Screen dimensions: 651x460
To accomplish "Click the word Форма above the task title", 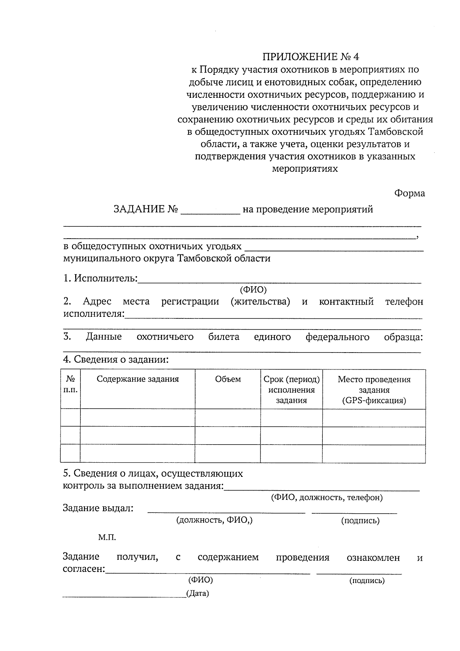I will point(410,193).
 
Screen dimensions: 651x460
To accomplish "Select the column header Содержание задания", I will point(138,379).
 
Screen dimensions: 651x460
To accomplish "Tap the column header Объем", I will point(228,379).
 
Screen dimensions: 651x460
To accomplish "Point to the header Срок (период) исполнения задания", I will point(291,390).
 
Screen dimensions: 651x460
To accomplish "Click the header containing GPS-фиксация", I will point(374,390).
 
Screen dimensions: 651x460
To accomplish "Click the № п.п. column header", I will point(71,384).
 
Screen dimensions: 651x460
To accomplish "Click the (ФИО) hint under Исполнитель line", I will point(253,290).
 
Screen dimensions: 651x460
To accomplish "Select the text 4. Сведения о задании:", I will point(116,360).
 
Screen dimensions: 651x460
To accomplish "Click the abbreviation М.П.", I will point(107,537).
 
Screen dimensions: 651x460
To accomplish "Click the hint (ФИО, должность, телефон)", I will point(327,498).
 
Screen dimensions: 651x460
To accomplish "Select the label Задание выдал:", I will point(98,509).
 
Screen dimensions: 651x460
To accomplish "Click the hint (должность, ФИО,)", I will point(214,520).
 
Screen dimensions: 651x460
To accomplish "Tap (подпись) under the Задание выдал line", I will point(360,521).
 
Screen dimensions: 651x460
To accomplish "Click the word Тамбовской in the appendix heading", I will point(396,132).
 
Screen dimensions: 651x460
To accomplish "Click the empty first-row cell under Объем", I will point(228,418).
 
